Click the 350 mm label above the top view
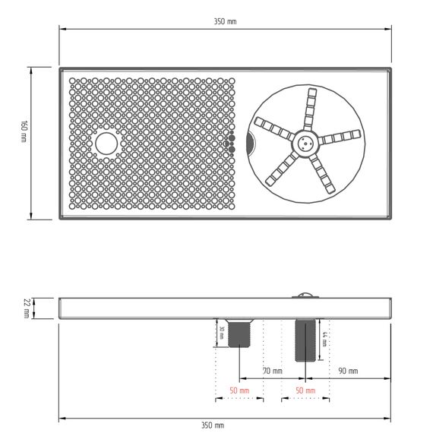tap(225, 21)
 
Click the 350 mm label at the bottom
tap(213, 425)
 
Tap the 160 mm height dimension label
tap(24, 131)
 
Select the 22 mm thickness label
tap(27, 308)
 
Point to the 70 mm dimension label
tap(273, 371)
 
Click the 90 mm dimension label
tap(348, 371)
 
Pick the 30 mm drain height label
tap(222, 333)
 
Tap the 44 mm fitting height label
tap(324, 339)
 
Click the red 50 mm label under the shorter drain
tap(239, 390)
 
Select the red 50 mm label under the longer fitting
tap(305, 390)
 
